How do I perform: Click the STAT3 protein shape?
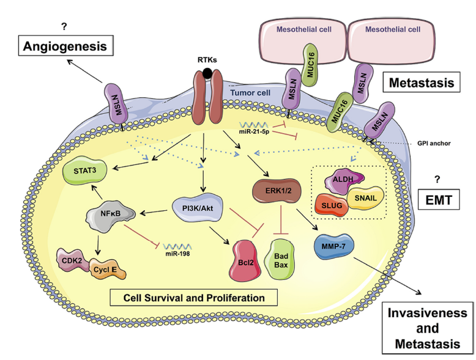[84, 171]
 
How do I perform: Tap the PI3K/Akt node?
[198, 208]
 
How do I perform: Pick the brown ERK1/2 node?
[277, 191]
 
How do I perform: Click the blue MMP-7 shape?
[333, 246]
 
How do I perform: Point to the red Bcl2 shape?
[245, 260]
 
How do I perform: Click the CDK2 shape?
[73, 260]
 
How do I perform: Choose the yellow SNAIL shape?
[365, 198]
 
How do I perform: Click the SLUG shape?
[332, 205]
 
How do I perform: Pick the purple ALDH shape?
[343, 181]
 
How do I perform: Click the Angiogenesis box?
[66, 45]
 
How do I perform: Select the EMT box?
[439, 200]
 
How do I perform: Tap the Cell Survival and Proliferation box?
[194, 298]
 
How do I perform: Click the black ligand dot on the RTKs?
[207, 73]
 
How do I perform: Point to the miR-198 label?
[177, 253]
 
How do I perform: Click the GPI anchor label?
[434, 144]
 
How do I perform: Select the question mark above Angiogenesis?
[64, 27]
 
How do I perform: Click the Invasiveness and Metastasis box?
[428, 328]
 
